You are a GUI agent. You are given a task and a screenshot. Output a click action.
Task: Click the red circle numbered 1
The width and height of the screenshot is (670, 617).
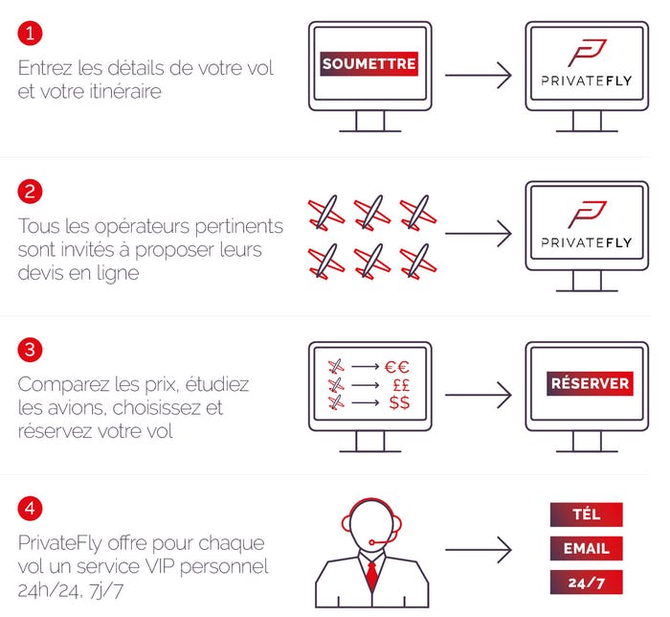coord(30,33)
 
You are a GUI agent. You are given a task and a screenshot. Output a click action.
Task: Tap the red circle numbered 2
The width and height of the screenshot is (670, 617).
coord(30,191)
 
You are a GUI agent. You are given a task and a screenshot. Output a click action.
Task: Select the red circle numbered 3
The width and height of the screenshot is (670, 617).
coord(30,350)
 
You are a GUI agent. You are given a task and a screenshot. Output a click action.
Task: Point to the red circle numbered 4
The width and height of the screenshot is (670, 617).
coord(30,509)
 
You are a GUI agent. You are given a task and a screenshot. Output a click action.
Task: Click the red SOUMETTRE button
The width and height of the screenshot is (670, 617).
coord(369,63)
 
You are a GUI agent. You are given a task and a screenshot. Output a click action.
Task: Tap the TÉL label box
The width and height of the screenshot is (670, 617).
coord(586,514)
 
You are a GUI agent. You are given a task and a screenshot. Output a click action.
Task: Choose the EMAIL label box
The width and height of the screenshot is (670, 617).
coord(586,548)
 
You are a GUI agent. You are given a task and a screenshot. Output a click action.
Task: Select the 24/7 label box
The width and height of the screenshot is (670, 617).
coord(586,583)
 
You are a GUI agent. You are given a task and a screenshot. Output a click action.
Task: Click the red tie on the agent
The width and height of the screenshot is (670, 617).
coord(372,576)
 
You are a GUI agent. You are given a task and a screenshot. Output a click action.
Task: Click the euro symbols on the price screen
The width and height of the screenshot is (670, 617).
coord(397,367)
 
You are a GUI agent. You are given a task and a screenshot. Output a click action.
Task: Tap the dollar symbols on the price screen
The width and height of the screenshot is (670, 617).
coord(399,402)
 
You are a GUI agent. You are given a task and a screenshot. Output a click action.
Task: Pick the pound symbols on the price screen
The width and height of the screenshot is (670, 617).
coord(401,385)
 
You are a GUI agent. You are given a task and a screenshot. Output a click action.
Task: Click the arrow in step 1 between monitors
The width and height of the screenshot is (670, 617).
coord(479,76)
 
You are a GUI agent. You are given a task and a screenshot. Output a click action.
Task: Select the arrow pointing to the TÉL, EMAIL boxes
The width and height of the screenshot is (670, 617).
coord(479,549)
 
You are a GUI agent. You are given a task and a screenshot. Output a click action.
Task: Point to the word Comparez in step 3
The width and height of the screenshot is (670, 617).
coord(63,385)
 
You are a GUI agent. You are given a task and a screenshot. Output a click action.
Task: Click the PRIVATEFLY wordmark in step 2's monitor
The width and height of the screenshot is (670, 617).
coord(586,242)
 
